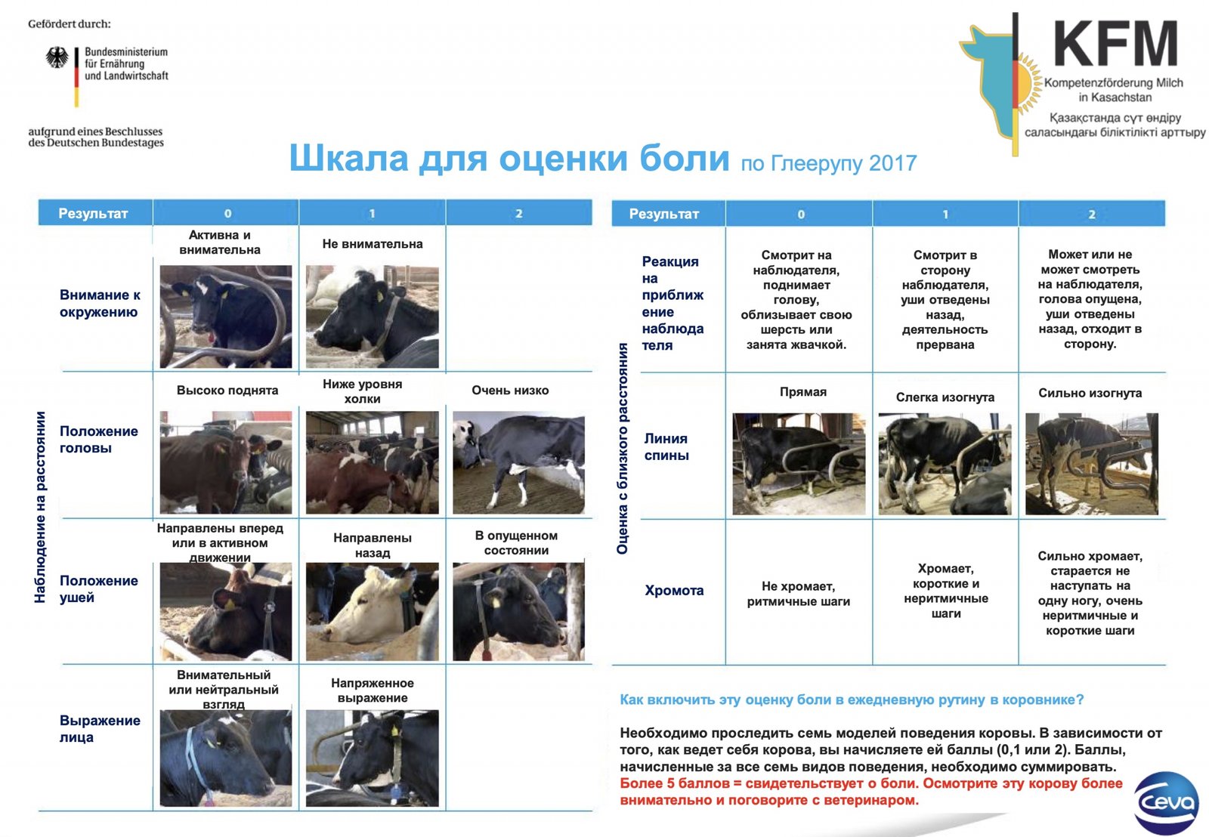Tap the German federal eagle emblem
(x=57, y=57)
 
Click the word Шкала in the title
(x=348, y=158)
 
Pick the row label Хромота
(x=674, y=591)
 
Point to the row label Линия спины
(x=666, y=447)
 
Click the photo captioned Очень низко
(x=518, y=462)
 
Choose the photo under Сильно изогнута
(x=1091, y=464)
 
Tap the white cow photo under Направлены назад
(x=373, y=611)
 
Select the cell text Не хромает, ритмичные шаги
(x=798, y=594)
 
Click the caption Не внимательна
(x=373, y=244)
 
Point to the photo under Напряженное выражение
(x=373, y=758)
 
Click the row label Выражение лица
(x=100, y=728)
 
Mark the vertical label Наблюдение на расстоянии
(x=40, y=507)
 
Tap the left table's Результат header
(x=93, y=214)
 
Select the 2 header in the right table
(x=1091, y=215)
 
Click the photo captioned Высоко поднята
(x=226, y=462)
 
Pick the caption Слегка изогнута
(x=945, y=397)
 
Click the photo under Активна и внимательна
(x=226, y=317)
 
